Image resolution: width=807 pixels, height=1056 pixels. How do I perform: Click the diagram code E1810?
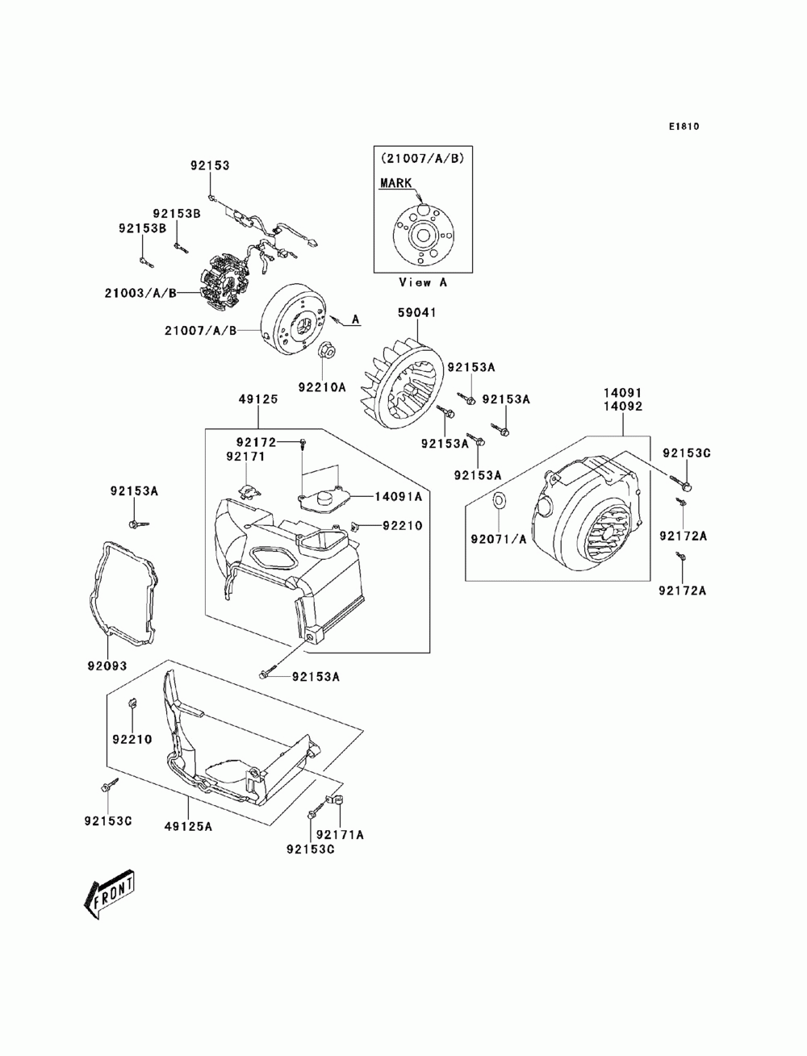point(683,127)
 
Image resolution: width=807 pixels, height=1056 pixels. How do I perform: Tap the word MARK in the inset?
point(395,184)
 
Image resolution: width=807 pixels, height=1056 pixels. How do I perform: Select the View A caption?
point(422,282)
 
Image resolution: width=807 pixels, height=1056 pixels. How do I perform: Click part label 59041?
point(415,310)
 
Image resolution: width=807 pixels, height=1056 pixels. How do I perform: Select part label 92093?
point(107,666)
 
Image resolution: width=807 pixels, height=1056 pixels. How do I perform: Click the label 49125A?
point(188,825)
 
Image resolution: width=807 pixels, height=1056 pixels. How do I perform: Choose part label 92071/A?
point(500,539)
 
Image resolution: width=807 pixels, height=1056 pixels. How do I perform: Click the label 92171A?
point(340,835)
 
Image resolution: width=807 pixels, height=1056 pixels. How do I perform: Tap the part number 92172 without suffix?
point(257,442)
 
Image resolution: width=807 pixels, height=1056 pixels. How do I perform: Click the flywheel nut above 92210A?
point(328,350)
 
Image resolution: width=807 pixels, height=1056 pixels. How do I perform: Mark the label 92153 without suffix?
point(210,165)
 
